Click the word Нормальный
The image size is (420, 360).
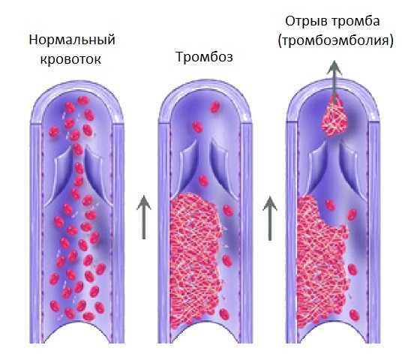[x=72, y=40]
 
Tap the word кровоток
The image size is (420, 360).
[x=70, y=59]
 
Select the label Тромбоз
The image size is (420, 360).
[x=204, y=57]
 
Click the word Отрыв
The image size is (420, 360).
[x=304, y=21]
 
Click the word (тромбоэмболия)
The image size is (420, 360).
[x=336, y=41]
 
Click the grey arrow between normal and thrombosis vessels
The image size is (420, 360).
[x=144, y=217]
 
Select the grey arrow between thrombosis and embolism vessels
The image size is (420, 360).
[x=270, y=218]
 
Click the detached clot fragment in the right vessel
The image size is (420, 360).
[x=334, y=118]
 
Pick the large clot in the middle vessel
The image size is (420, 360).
[x=196, y=259]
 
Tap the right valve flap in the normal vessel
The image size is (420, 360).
[x=97, y=175]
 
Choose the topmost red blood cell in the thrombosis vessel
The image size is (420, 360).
[x=215, y=106]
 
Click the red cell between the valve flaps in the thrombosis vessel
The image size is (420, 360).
[x=203, y=181]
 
